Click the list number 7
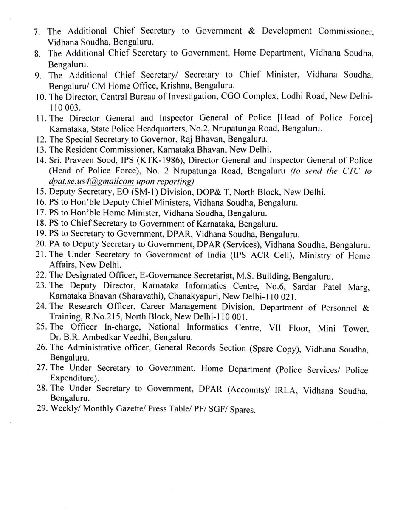point(37,32)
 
